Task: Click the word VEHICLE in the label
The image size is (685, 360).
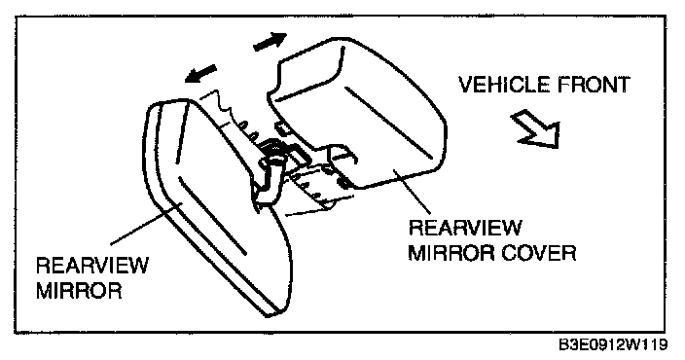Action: (x=499, y=85)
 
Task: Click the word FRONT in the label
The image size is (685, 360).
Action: (x=588, y=85)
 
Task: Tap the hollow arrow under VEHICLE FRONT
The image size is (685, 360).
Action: (x=537, y=128)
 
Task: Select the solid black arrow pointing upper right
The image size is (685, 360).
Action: (x=270, y=41)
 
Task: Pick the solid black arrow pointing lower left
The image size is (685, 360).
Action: (x=200, y=73)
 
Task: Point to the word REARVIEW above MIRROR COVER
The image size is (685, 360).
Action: (x=465, y=228)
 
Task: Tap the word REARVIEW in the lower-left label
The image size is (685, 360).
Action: (x=92, y=266)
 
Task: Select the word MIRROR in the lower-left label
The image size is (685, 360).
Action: (x=79, y=291)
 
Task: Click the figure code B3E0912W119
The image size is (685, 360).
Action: (x=613, y=344)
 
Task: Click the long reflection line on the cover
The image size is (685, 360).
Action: (x=389, y=123)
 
